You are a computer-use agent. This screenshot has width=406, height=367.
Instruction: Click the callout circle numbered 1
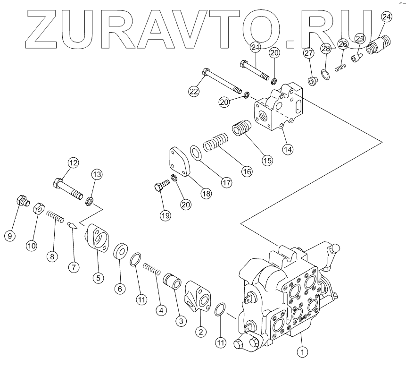pyautogui.click(x=302, y=351)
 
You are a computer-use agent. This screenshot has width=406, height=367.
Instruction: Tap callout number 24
pyautogui.click(x=386, y=17)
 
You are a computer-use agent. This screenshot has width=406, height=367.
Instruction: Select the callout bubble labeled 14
pyautogui.click(x=288, y=148)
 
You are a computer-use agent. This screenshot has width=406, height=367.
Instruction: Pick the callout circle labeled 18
pyautogui.click(x=205, y=193)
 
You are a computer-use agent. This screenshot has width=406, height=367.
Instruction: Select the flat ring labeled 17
pyautogui.click(x=197, y=154)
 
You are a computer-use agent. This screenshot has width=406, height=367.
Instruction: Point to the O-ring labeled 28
pyautogui.click(x=325, y=73)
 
